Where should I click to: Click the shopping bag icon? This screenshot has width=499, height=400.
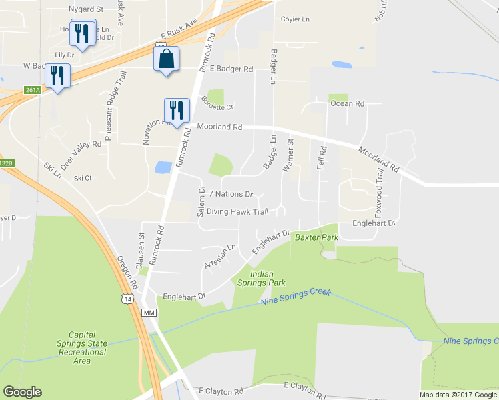click(x=166, y=59)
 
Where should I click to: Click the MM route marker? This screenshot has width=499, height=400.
click(x=149, y=313)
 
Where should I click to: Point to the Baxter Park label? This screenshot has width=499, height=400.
click(x=317, y=237)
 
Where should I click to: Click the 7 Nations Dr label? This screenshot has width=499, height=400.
click(x=231, y=195)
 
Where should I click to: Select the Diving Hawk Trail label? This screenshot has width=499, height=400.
click(x=237, y=212)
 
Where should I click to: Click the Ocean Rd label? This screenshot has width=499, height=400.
click(x=347, y=103)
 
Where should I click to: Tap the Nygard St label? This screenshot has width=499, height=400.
click(x=87, y=9)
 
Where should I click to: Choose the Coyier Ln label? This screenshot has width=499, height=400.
click(x=295, y=19)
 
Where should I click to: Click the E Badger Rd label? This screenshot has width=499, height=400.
click(x=231, y=69)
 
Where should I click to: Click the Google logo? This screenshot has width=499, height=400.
click(x=22, y=392)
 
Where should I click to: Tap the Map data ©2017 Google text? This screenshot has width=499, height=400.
click(x=458, y=395)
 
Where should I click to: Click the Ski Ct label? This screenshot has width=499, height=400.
click(x=83, y=178)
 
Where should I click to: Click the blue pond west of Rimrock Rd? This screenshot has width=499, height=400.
click(x=162, y=167)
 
